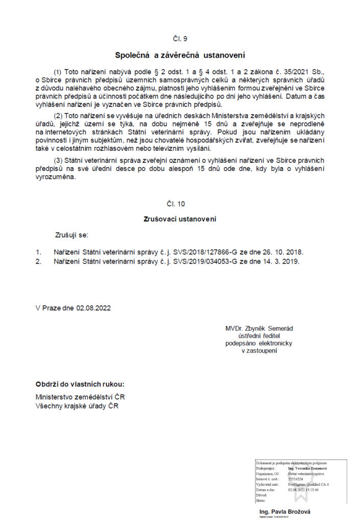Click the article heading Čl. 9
pyautogui.click(x=181, y=39)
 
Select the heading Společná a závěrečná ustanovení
pyautogui.click(x=181, y=54)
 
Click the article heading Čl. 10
pyautogui.click(x=181, y=204)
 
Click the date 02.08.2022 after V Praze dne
pyautogui.click(x=93, y=308)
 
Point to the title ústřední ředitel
pyautogui.click(x=259, y=336)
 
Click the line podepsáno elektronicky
pyautogui.click(x=259, y=344)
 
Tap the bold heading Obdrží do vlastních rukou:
pyautogui.click(x=80, y=384)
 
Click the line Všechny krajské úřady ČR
pyautogui.click(x=76, y=406)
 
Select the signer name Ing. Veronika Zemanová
pyautogui.click(x=307, y=468)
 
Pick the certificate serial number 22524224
pyautogui.click(x=296, y=479)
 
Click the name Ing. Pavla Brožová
pyautogui.click(x=285, y=512)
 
